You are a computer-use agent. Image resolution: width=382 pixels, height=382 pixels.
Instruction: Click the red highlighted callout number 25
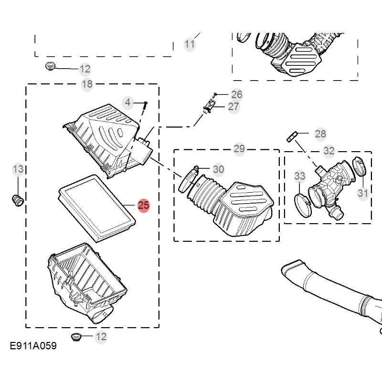(x=144, y=206)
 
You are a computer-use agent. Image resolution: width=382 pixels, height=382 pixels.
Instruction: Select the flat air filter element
(x=95, y=208)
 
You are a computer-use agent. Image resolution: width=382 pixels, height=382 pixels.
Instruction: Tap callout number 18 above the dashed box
(x=87, y=85)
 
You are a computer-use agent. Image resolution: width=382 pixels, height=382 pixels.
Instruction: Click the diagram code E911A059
(x=33, y=346)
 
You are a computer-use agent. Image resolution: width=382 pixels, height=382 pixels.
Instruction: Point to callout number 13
(x=18, y=169)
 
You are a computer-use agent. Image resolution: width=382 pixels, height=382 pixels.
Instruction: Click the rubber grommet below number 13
(x=18, y=200)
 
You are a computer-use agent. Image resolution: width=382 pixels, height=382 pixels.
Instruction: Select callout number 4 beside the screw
(x=127, y=102)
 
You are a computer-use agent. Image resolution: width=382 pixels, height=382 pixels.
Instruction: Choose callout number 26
(x=237, y=94)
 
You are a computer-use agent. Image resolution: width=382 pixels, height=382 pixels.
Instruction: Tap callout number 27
(x=233, y=106)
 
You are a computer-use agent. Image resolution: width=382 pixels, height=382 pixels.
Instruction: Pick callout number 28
(x=320, y=134)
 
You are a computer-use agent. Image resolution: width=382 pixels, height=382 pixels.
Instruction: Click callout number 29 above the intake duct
(x=239, y=149)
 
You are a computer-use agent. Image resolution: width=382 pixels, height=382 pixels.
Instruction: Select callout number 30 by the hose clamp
(x=218, y=169)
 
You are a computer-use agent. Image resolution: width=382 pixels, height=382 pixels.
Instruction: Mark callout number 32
(x=329, y=151)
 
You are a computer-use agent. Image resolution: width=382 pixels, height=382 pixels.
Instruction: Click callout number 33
(x=299, y=176)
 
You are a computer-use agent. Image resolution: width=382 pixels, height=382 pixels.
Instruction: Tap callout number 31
(x=363, y=193)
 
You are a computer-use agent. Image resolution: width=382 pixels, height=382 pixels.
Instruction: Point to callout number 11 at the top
(x=190, y=44)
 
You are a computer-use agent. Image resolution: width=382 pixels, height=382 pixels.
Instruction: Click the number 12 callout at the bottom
(x=101, y=337)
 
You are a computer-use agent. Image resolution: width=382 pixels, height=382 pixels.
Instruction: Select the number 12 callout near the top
(x=85, y=69)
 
